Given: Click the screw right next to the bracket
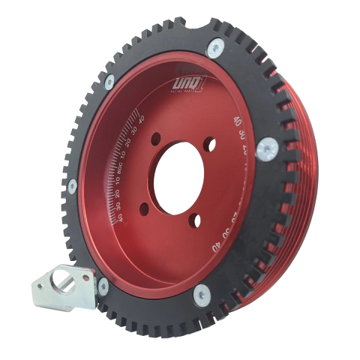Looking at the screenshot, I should (x=102, y=286).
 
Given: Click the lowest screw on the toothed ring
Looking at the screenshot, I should (x=201, y=297).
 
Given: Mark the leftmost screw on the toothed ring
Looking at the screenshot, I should (x=73, y=185).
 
